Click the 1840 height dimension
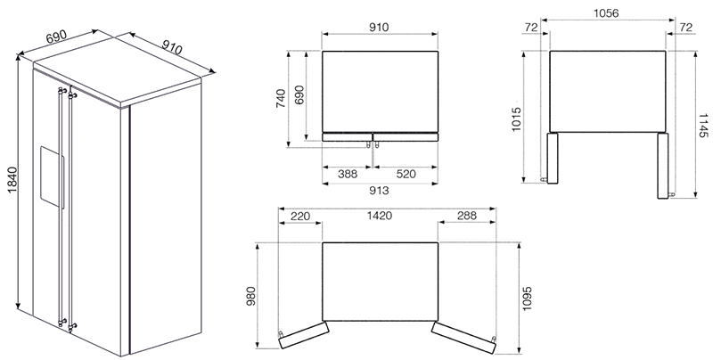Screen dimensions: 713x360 pos(12,180)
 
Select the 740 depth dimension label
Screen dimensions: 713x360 pos(281,98)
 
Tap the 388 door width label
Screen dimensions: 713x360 pos(348,174)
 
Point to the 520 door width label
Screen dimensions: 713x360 pos(406,174)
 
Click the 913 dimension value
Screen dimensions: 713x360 pos(380,191)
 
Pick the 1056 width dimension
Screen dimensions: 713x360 pos(606,13)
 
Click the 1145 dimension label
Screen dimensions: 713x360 pos(703,126)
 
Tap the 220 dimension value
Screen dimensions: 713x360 pos(299,216)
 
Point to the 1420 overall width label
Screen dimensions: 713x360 pos(380,216)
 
